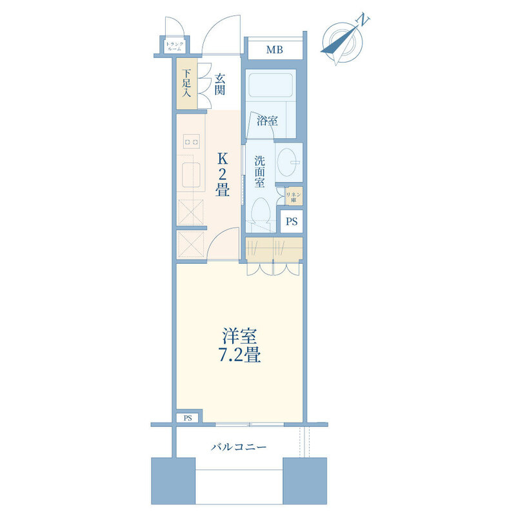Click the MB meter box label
[275, 50]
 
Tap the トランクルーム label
[175, 46]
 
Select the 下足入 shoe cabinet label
[186, 83]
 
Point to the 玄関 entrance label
[220, 84]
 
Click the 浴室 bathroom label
[267, 121]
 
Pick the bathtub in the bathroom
[271, 85]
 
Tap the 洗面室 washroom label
[260, 172]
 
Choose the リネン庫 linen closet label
[293, 197]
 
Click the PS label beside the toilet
[292, 221]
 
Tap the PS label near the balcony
[188, 418]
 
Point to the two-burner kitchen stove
[192, 142]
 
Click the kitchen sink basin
[191, 175]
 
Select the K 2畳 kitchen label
[223, 174]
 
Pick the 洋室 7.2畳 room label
[240, 345]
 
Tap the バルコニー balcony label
[239, 447]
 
